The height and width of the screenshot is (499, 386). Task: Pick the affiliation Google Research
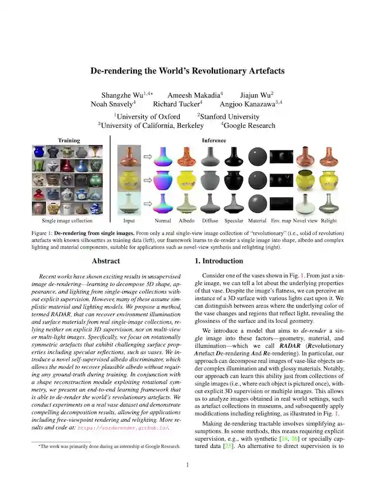249,125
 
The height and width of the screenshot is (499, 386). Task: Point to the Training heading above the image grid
69,140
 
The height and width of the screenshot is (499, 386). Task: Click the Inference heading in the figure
214,140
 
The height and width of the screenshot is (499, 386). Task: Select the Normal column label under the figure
162,221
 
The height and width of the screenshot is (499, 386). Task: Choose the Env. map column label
281,221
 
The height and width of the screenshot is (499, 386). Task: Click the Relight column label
329,221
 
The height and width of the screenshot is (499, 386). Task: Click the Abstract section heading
106,261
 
